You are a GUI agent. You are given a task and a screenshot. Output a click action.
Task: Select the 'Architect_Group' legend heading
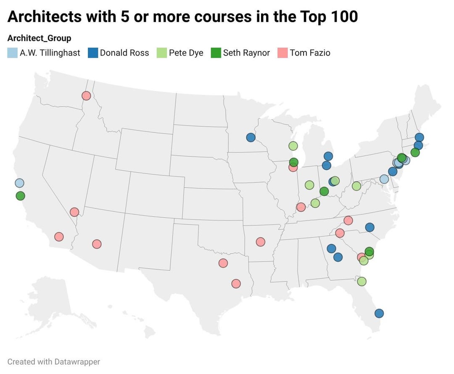40,38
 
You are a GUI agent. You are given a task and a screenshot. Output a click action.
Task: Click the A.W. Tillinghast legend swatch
13,53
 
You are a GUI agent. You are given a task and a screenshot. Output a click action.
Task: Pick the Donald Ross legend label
124,53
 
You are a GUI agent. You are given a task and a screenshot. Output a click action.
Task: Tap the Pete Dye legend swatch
162,53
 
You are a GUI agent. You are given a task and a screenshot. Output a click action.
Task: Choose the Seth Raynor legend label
246,53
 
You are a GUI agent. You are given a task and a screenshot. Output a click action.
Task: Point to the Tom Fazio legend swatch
282,53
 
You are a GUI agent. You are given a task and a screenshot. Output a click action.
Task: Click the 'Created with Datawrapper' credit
54,362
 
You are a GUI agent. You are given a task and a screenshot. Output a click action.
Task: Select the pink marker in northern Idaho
86,96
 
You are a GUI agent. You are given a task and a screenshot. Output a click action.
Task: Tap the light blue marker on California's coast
19,183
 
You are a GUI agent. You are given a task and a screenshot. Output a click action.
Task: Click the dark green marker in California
20,196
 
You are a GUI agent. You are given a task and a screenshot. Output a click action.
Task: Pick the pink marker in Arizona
97,244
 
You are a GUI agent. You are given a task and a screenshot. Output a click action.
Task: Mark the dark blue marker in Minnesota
251,137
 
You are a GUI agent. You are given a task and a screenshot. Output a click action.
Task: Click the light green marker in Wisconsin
293,146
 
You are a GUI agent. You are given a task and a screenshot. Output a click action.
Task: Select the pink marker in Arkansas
260,242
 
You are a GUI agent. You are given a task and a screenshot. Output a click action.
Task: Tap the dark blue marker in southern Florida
379,313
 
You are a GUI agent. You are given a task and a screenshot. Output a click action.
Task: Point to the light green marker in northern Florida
362,281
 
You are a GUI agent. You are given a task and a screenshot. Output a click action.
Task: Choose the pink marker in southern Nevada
74,212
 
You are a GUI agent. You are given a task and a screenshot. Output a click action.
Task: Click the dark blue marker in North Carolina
370,227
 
